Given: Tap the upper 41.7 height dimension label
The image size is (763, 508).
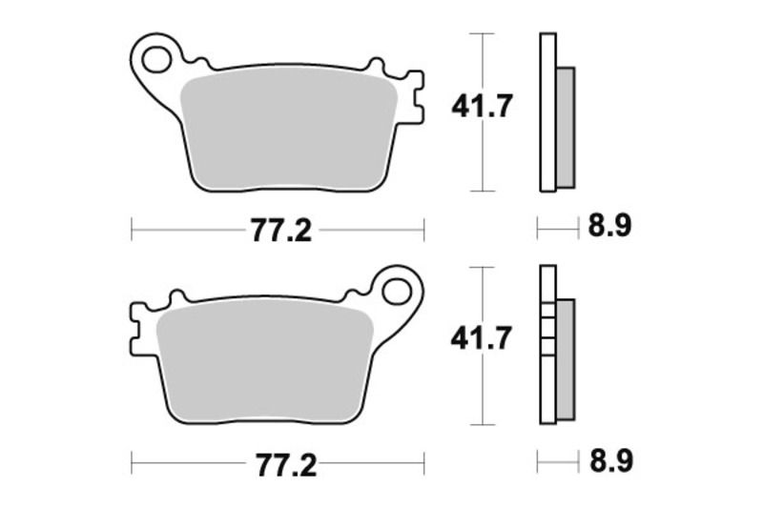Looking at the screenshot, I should click(483, 106).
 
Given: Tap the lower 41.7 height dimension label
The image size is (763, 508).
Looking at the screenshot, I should click(483, 337).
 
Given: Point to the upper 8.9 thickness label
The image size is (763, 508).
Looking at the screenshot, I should click(610, 227).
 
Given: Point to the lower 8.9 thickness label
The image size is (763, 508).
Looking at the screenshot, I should click(610, 463).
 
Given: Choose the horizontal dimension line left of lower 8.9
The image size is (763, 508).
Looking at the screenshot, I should click(558, 464).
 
